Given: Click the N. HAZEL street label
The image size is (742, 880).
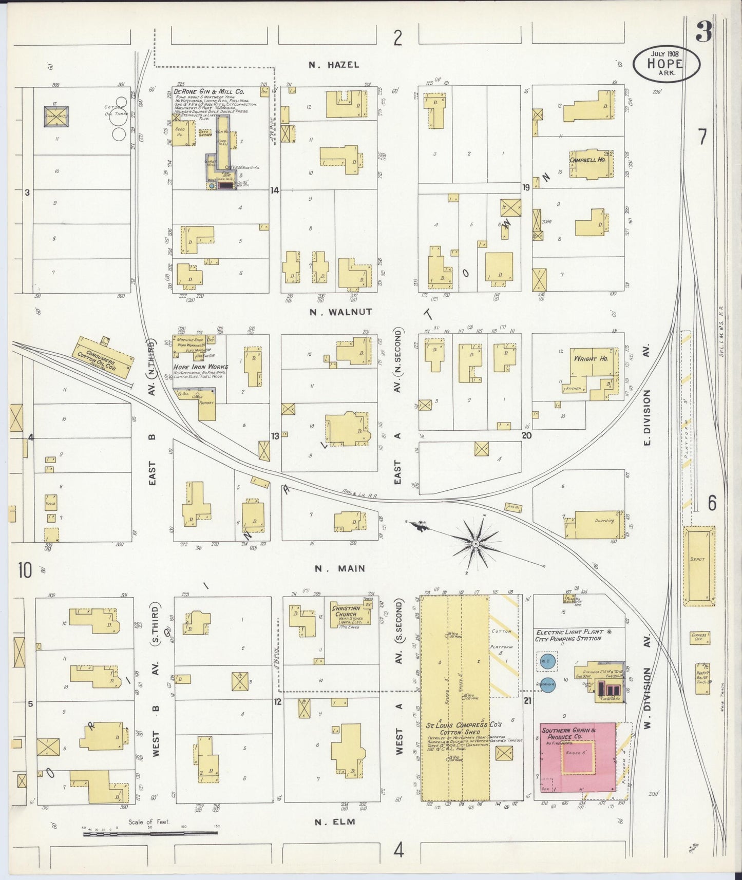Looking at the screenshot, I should click(x=334, y=65).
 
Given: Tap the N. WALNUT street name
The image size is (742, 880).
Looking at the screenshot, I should click(x=340, y=312).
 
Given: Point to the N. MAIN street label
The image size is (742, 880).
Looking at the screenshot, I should click(x=340, y=568).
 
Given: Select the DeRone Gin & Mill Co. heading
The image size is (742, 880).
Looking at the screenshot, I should click(x=197, y=93).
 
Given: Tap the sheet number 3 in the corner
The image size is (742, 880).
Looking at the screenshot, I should click(x=703, y=33).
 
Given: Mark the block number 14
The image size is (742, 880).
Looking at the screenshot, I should click(x=275, y=190).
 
